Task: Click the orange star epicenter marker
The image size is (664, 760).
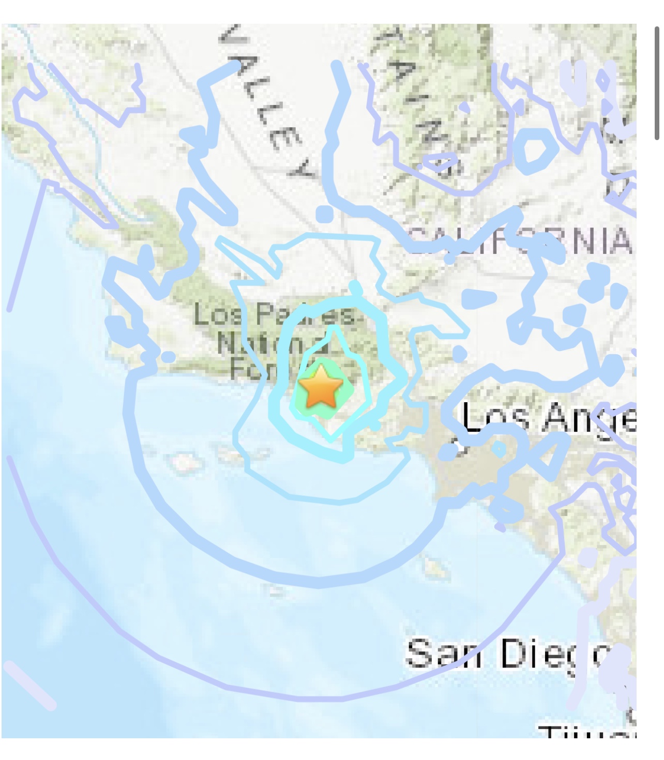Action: [321, 386]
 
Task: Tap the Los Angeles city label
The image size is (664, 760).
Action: [548, 418]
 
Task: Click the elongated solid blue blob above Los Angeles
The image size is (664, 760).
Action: [478, 298]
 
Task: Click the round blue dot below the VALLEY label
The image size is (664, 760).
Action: [324, 214]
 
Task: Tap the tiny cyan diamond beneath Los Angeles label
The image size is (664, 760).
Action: [499, 449]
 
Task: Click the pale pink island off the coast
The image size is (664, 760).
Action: [182, 462]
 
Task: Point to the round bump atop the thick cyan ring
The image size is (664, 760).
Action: [355, 287]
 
